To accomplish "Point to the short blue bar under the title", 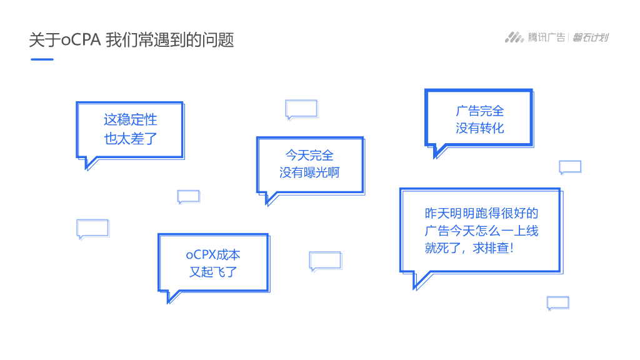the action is [x=42, y=59].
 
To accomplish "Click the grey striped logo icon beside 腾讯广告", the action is [x=514, y=37].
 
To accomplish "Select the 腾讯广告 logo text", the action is [x=546, y=37].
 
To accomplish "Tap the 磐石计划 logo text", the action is [x=591, y=37].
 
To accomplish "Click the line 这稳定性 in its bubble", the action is [x=131, y=119].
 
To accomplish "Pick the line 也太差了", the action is [x=131, y=139].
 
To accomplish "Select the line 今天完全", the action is [x=309, y=155].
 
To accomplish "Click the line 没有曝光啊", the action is [x=309, y=172].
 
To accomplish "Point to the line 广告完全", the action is [x=479, y=111].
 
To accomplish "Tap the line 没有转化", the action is [x=479, y=129].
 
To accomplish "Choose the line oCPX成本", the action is [x=213, y=254].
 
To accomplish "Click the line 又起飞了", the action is [x=213, y=272].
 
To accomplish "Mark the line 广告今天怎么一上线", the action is [x=481, y=231].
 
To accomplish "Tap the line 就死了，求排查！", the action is [x=469, y=248].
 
